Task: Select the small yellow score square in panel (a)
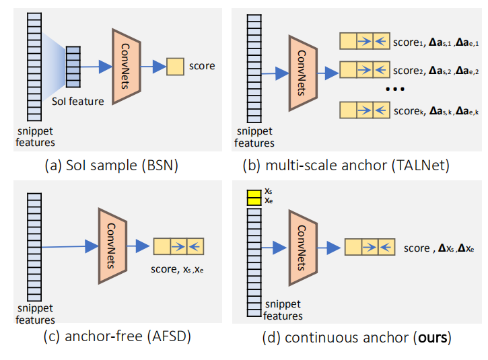[x=175, y=67]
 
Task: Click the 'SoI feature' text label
[x=79, y=102]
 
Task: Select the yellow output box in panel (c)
[x=178, y=246]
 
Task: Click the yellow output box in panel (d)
[x=370, y=247]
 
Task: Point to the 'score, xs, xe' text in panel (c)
[x=178, y=270]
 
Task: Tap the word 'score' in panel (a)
[x=202, y=66]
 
